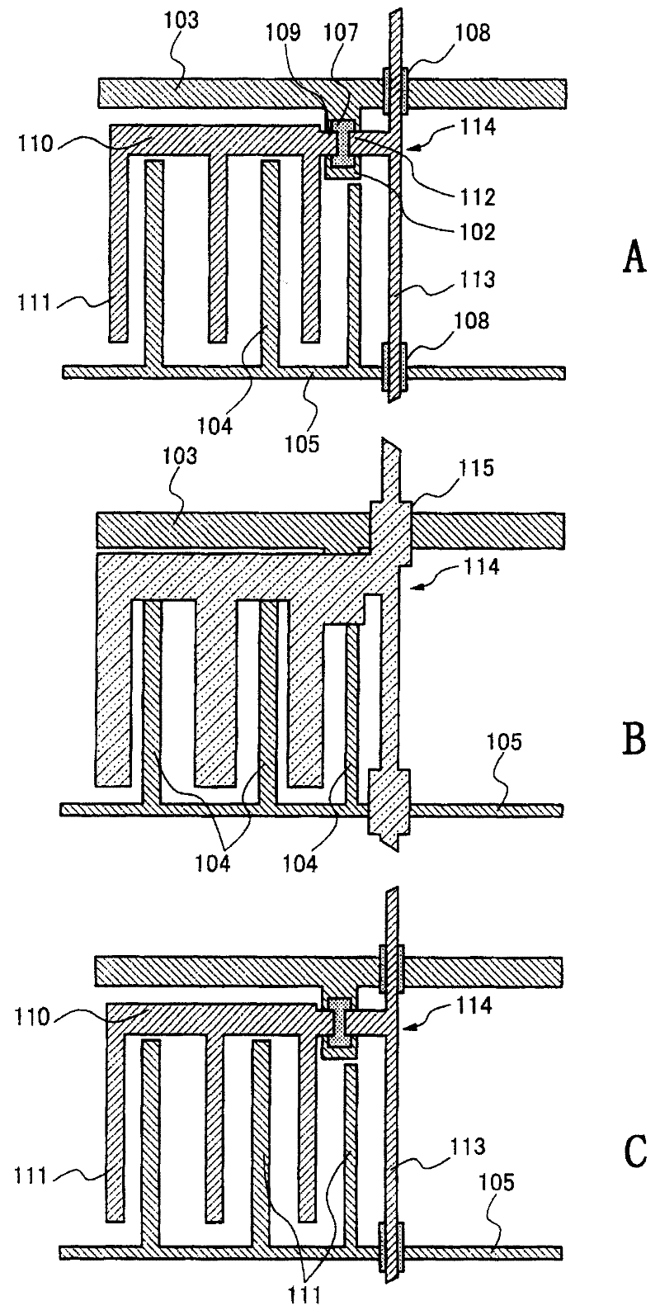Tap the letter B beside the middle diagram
click(x=634, y=739)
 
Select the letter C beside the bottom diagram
click(x=634, y=1152)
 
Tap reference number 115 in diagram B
click(x=476, y=469)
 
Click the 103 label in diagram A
click(x=181, y=21)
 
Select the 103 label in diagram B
click(x=180, y=456)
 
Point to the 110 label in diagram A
click(x=35, y=144)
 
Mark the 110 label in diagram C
click(x=32, y=1017)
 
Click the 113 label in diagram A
click(x=477, y=280)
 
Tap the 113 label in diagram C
click(x=467, y=1145)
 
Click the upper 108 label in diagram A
click(x=473, y=34)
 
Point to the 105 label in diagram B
click(x=504, y=742)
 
